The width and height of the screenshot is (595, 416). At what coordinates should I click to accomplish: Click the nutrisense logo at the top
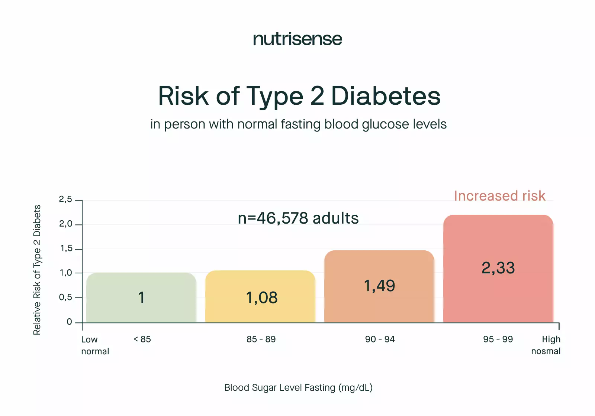(297, 39)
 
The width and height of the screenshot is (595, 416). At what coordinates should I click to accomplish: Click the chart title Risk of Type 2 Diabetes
(299, 96)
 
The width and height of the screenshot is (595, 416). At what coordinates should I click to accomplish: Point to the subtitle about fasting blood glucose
(298, 124)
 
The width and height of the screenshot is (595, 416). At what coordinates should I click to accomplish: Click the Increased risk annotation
(499, 196)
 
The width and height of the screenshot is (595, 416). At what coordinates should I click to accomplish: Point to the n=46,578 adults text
(298, 218)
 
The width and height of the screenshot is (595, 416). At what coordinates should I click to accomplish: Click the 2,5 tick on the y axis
(66, 199)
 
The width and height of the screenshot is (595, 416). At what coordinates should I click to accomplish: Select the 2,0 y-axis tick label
(66, 224)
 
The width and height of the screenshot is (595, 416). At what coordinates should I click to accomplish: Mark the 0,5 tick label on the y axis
(66, 298)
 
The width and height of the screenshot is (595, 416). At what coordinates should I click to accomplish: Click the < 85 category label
(142, 339)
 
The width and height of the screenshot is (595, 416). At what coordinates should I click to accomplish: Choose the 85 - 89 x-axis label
(261, 339)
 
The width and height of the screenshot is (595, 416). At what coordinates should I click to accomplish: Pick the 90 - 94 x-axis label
(380, 339)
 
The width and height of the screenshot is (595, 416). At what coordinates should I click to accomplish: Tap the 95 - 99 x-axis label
(498, 339)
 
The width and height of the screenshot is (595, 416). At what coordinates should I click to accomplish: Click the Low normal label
(95, 345)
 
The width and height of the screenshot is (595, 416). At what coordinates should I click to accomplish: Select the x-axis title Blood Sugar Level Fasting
(298, 387)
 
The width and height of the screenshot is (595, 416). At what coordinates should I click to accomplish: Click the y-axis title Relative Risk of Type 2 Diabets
(37, 270)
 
